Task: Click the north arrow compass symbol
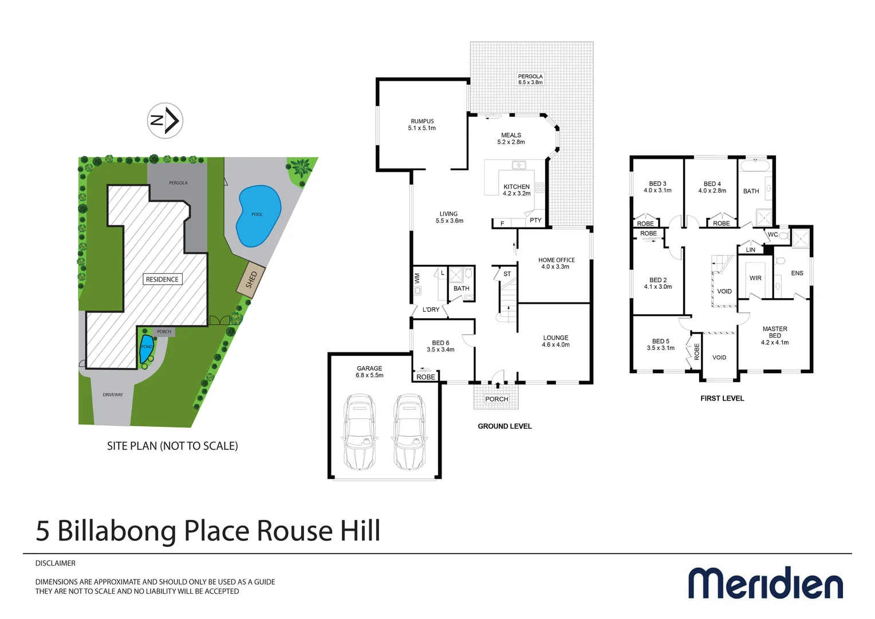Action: click(165, 120)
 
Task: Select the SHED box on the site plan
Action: click(251, 280)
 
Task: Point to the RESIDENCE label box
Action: click(162, 279)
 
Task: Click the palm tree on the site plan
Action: click(300, 169)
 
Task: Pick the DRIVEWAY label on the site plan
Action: click(113, 394)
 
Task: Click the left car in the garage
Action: click(360, 431)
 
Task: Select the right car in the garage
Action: click(409, 431)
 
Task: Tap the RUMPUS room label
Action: click(422, 124)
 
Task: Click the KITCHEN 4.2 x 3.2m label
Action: click(517, 190)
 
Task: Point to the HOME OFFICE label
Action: click(556, 263)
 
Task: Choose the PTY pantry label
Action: click(535, 220)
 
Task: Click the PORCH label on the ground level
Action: click(496, 399)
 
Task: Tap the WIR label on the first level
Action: click(755, 278)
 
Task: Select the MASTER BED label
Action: click(775, 335)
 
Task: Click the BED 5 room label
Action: click(660, 344)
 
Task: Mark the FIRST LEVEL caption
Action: click(722, 398)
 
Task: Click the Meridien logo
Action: click(766, 583)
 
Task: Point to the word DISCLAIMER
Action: click(56, 563)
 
